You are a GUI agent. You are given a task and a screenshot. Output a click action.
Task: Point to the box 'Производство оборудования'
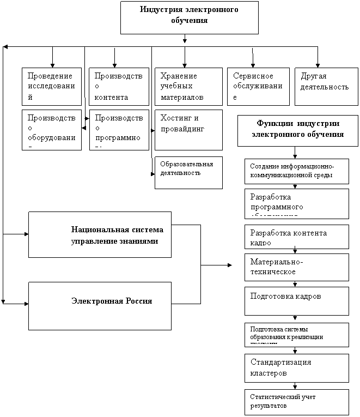point(51,130)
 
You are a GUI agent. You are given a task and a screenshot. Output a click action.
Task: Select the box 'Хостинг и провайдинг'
point(188,130)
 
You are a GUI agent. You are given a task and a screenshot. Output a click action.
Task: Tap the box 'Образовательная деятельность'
point(188,173)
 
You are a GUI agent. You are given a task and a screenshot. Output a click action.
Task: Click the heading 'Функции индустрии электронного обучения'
point(297,130)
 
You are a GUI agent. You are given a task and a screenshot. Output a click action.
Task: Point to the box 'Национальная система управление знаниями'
point(100,234)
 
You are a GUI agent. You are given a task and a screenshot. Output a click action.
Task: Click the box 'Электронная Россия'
point(100,305)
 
